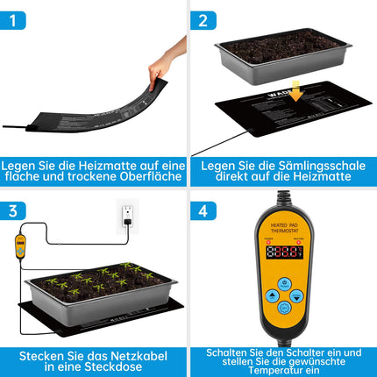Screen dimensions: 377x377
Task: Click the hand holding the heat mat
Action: click(x=166, y=61)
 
